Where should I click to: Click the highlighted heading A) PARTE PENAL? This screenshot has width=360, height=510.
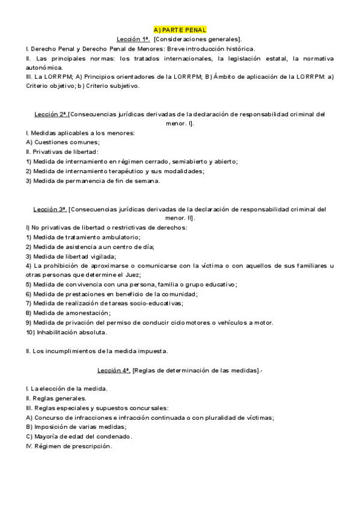pos(180,29)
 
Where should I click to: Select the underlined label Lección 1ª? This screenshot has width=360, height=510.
pos(133,38)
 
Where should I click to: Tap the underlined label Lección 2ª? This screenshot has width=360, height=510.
pos(50,114)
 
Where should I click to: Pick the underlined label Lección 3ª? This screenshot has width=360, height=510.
pos(50,209)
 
